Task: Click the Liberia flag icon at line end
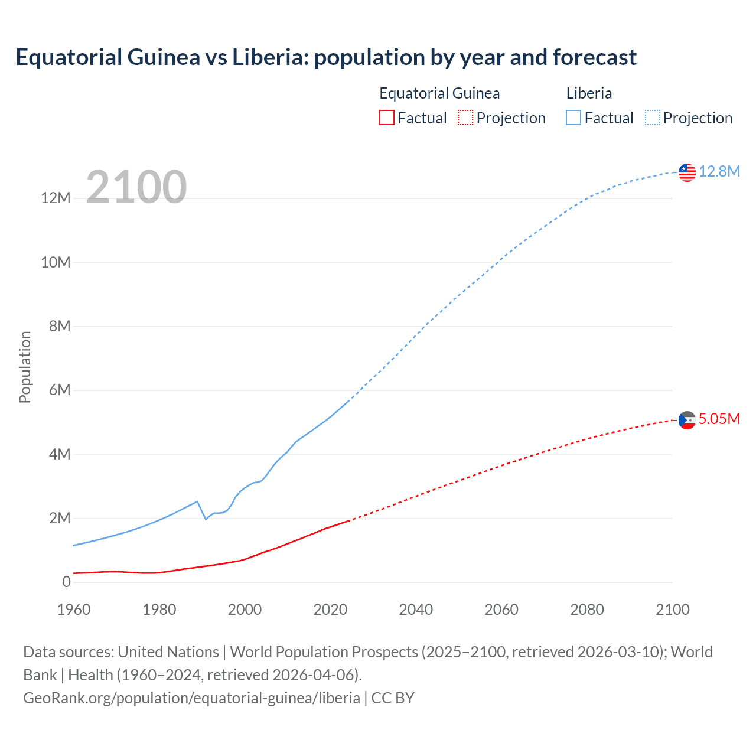pos(687,172)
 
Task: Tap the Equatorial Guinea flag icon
pos(687,420)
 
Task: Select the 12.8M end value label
pos(719,171)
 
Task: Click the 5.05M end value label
pos(719,419)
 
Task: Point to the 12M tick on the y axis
pos(56,198)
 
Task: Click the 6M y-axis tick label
pos(60,390)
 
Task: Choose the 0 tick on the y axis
pos(66,582)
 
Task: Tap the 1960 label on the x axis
pos(74,610)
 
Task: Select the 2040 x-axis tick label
pos(416,610)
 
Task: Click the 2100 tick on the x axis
pos(672,610)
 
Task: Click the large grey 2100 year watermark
pos(136,187)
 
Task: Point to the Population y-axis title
pos(25,367)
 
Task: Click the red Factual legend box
pos(386,118)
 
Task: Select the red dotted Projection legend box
pos(465,118)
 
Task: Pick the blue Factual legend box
pos(573,118)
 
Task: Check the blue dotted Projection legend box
pos(653,118)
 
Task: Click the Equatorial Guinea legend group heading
pos(439,93)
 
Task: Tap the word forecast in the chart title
pos(595,57)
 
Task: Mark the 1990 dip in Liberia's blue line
pos(206,519)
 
